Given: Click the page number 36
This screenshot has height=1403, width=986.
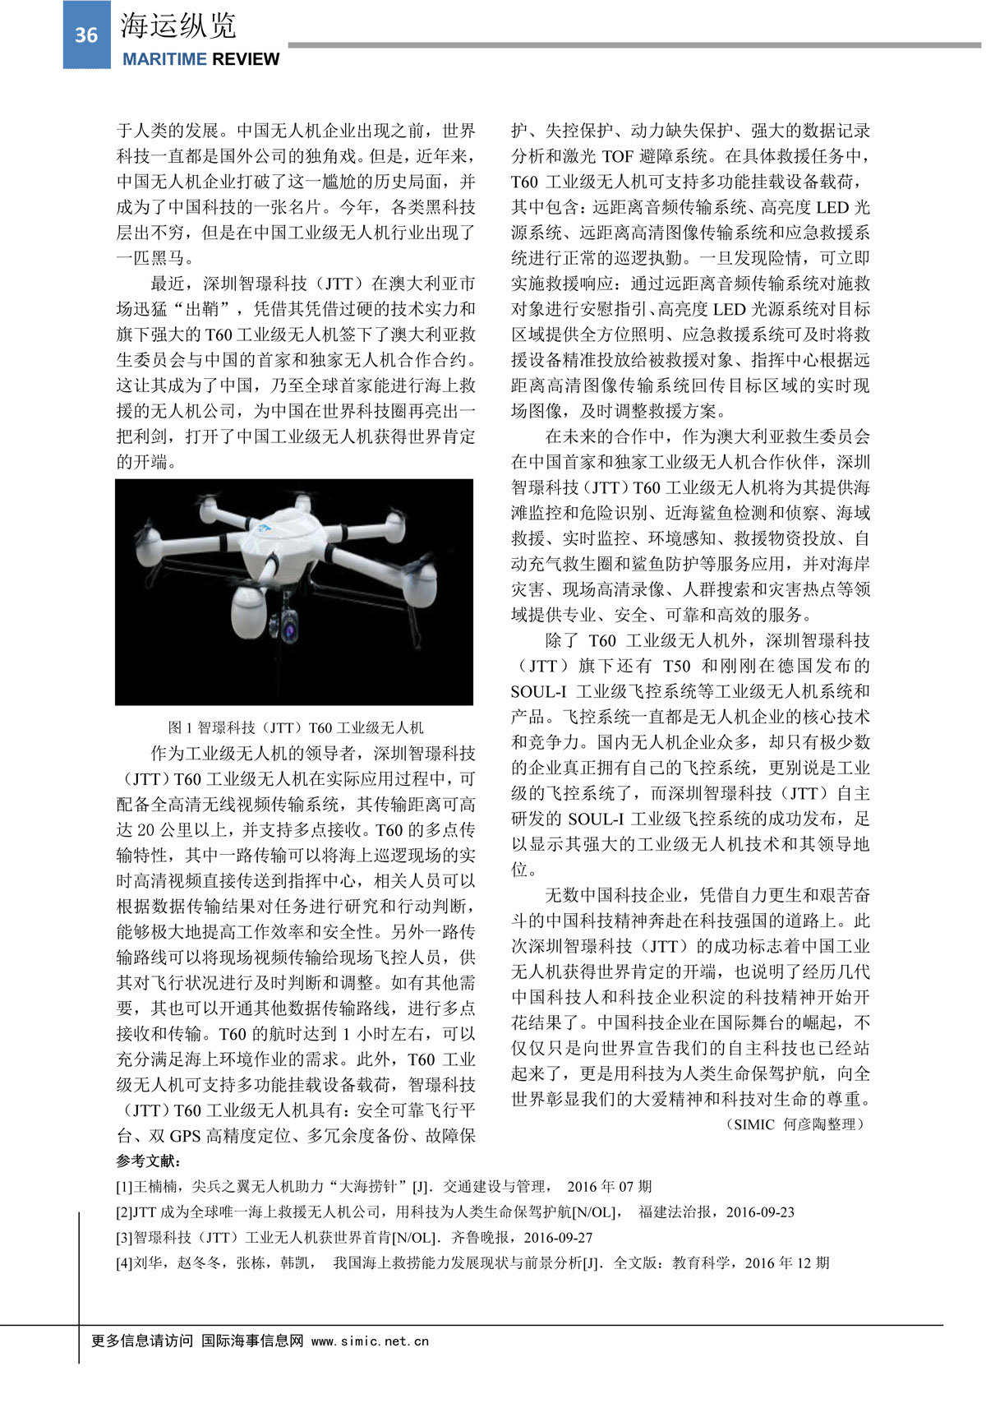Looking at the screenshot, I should click(x=86, y=35).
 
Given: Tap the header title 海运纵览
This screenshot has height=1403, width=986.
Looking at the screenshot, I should click(x=178, y=26).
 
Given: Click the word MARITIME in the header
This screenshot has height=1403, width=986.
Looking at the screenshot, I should click(x=164, y=59).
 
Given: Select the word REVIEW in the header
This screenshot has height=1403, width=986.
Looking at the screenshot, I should click(x=246, y=59).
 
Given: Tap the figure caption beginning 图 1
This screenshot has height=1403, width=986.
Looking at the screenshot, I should click(x=296, y=727).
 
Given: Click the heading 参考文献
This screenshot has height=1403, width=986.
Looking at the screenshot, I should click(x=149, y=1161).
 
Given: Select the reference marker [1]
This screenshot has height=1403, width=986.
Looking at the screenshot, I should click(x=124, y=1187).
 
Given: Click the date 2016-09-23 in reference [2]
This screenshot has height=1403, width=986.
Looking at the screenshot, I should click(x=760, y=1212).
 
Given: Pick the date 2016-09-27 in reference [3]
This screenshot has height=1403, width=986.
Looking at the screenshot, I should click(x=558, y=1238).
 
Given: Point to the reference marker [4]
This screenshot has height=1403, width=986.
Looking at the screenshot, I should click(x=124, y=1263).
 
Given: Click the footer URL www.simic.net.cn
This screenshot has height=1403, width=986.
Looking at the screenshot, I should click(x=370, y=1341).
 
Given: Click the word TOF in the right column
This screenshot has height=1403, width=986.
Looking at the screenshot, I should click(x=619, y=156).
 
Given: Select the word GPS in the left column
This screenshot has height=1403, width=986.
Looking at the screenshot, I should click(x=185, y=1136).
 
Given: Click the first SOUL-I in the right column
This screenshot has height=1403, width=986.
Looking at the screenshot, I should click(x=538, y=691).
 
